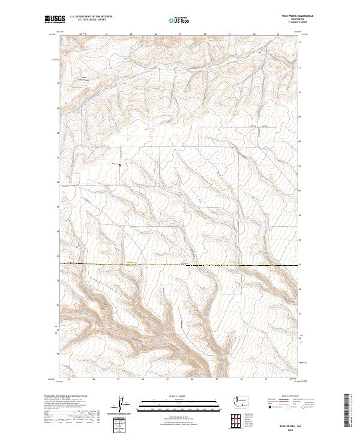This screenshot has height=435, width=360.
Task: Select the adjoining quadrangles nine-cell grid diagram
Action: click(233, 424)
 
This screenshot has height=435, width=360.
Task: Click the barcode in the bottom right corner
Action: click(347, 412)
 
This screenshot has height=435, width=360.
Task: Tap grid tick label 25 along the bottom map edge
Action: click(118, 380)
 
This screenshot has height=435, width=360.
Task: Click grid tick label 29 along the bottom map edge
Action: click(216, 380)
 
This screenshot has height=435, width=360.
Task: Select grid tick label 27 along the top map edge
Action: click(180, 34)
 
